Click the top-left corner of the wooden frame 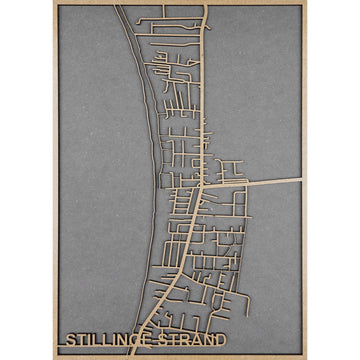[56, 3]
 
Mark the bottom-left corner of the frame [56, 357]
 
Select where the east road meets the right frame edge [301, 181]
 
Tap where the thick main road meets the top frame [207, 5]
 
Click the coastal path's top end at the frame [118, 6]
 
